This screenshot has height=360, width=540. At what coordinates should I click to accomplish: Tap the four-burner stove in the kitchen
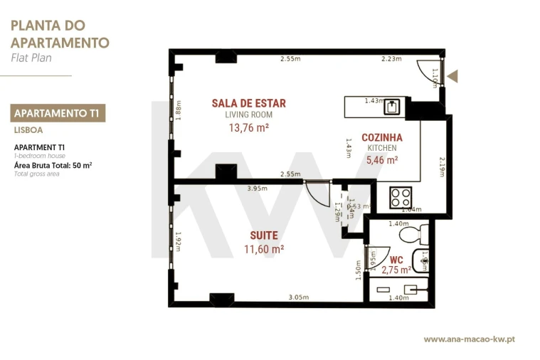(401, 196)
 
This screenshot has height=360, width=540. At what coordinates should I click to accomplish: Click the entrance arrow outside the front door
(452, 76)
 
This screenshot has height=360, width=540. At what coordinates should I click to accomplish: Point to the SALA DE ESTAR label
(248, 103)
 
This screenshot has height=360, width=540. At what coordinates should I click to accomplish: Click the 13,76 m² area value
(248, 128)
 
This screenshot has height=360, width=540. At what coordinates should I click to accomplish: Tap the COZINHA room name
(382, 137)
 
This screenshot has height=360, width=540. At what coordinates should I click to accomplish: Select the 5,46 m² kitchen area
(382, 161)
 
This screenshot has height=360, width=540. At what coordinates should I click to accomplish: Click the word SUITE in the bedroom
(263, 235)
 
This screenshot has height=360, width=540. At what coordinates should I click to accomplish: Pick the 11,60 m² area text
(263, 249)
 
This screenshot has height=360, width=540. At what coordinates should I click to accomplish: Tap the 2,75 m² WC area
(396, 270)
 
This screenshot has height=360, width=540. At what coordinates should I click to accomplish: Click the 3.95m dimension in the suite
(257, 189)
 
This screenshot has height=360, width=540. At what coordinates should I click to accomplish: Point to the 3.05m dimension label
(298, 297)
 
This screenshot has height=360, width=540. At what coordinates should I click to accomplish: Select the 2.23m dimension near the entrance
(391, 59)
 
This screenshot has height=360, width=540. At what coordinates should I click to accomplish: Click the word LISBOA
(28, 130)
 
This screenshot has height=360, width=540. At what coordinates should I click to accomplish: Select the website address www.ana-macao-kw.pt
(469, 339)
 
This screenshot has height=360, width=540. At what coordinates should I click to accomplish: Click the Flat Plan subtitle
(32, 58)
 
